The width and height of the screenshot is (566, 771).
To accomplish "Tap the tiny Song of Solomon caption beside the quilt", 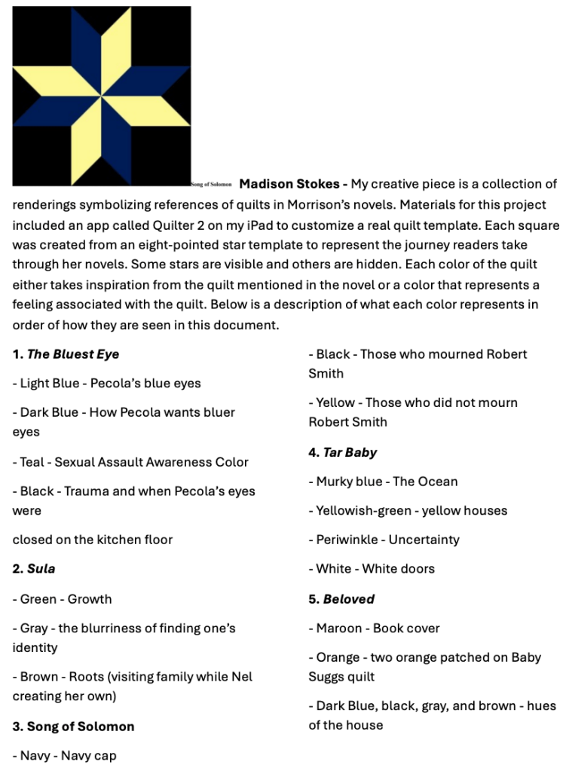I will pyautogui.click(x=212, y=185).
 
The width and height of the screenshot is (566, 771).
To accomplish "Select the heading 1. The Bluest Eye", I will pyautogui.click(x=66, y=354).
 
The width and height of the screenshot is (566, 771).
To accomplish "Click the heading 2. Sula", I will pyautogui.click(x=34, y=568).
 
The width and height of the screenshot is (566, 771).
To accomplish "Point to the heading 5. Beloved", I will pyautogui.click(x=341, y=599).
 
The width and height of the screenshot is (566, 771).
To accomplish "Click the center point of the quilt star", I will pyautogui.click(x=101, y=96).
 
